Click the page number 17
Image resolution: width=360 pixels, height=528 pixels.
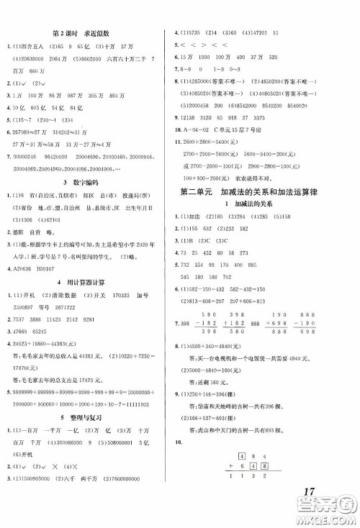(x=310, y=495)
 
